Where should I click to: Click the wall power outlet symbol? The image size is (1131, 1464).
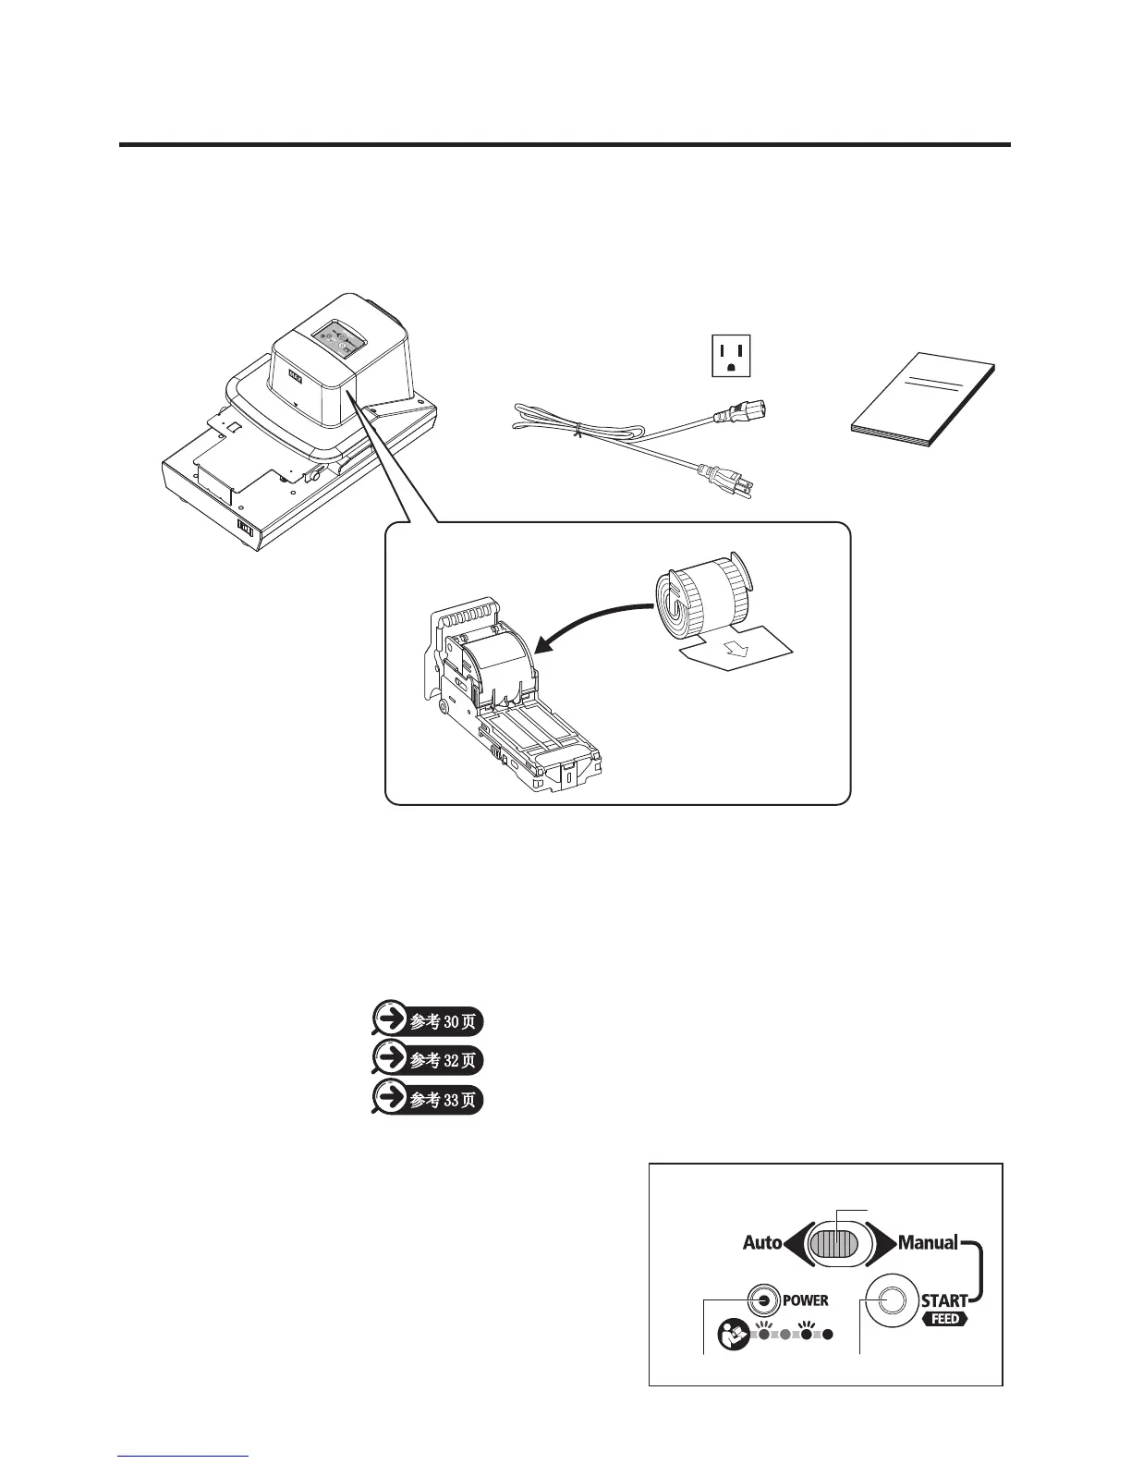pos(730,356)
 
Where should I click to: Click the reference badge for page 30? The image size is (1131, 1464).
pos(427,1020)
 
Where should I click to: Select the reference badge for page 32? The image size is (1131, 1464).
pos(427,1060)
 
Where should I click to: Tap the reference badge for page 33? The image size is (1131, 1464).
pos(427,1100)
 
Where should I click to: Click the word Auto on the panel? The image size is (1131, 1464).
pos(762,1243)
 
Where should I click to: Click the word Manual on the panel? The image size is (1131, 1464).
pos(928,1243)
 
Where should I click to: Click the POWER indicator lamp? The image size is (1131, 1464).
pos(763,1299)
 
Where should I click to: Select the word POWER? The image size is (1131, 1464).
pos(806,1300)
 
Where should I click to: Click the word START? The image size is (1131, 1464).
pos(943,1300)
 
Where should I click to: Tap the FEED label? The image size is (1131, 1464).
pos(945,1319)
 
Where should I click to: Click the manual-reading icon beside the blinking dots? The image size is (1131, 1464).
pos(733,1332)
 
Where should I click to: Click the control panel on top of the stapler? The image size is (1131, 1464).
pos(336,337)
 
